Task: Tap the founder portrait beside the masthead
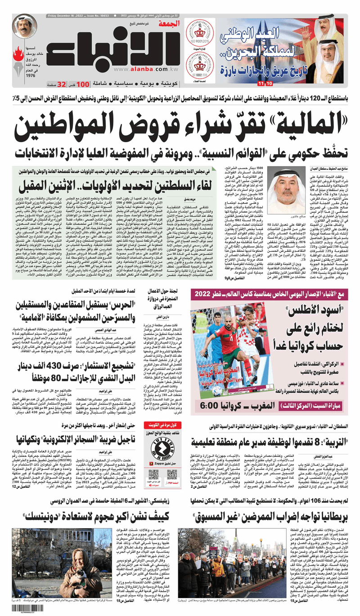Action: click(x=25, y=26)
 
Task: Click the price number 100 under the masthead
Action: click(x=83, y=84)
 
